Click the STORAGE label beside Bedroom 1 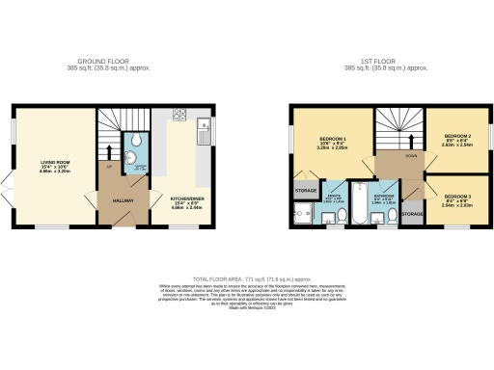pyautogui.click(x=305, y=191)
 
